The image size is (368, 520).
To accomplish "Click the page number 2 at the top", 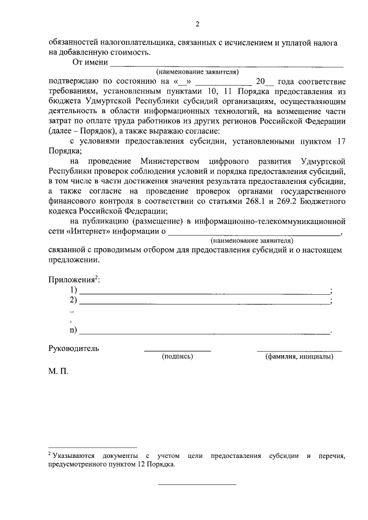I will point(197,24).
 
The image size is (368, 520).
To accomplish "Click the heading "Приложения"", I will point(71,279).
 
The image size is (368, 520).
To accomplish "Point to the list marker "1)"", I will point(73,290).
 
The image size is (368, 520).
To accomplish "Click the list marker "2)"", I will point(73,300).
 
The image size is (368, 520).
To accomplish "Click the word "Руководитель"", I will point(74,348).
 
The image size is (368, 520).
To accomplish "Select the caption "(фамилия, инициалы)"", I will point(299,357).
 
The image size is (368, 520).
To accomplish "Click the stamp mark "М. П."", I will point(58,372).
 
